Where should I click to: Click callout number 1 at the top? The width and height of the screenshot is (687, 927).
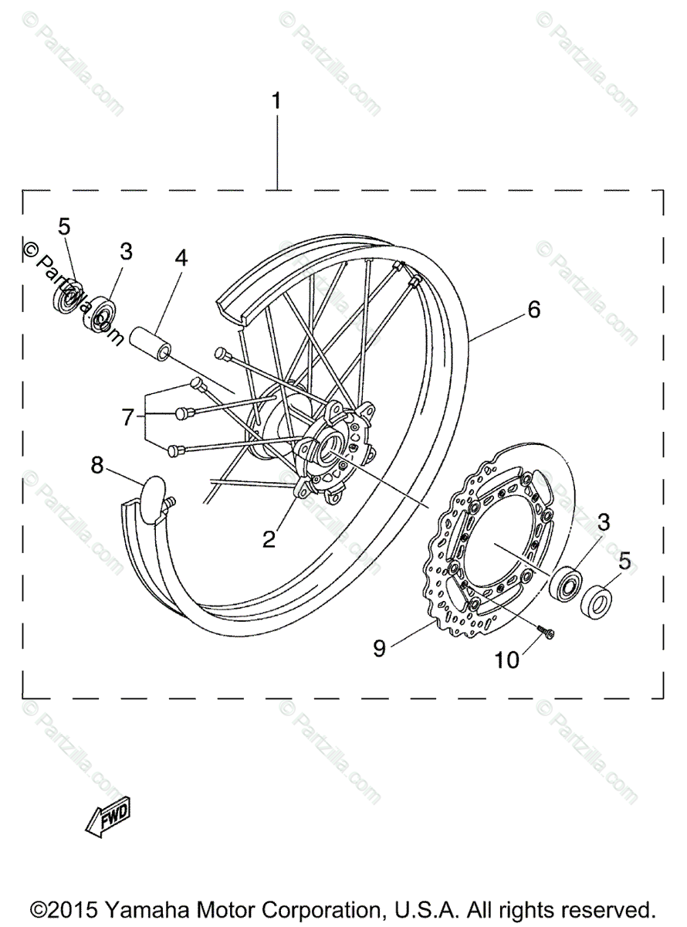coord(276,101)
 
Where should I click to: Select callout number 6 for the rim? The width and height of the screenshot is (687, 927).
coord(533,310)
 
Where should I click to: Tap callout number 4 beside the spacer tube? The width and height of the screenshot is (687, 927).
coord(180,258)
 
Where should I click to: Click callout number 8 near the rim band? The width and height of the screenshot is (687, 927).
coord(97,465)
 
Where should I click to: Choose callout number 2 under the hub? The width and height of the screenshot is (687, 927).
coord(269,539)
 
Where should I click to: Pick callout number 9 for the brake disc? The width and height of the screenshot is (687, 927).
coord(379,647)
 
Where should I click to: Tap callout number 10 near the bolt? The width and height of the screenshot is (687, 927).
coord(508,660)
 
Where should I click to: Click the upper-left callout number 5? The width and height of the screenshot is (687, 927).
coord(64,227)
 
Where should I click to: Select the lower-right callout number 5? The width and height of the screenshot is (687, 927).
coord(624,559)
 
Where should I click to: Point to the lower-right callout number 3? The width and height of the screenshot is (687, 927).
coord(603,522)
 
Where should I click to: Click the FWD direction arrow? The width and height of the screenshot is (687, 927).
coord(107,818)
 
